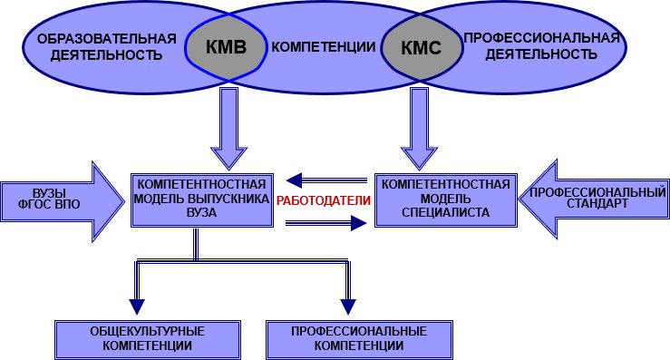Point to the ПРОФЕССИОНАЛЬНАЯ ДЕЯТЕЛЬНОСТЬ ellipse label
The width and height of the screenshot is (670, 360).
pos(541,46)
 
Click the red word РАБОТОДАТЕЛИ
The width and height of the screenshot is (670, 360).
pos(325,200)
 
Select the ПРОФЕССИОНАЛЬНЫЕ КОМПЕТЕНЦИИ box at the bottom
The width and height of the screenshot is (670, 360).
pos(346,337)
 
